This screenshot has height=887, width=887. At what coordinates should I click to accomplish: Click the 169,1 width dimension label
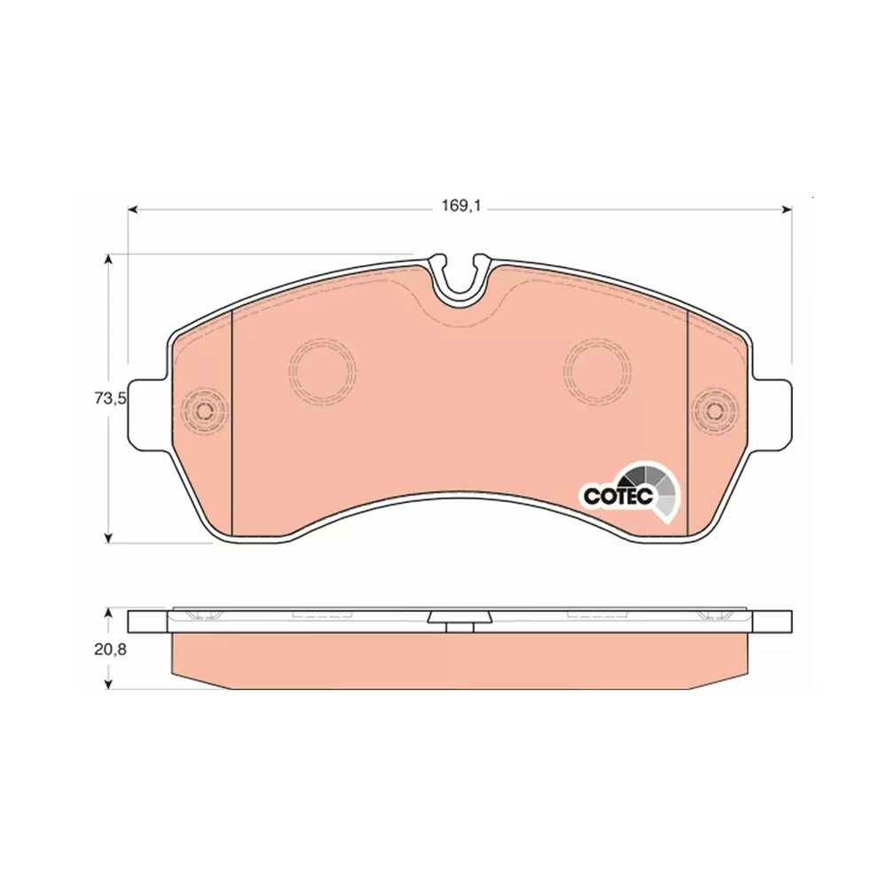pos(460,206)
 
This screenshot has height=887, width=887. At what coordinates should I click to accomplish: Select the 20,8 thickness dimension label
pos(110,650)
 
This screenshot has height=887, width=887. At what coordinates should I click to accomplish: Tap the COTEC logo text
pos(618,496)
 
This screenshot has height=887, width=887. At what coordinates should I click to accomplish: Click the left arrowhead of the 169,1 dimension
pos(134,210)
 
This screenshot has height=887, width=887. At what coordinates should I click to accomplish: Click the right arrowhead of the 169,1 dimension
pos(786,210)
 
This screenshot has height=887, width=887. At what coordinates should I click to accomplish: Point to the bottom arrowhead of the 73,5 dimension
pos(108,537)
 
